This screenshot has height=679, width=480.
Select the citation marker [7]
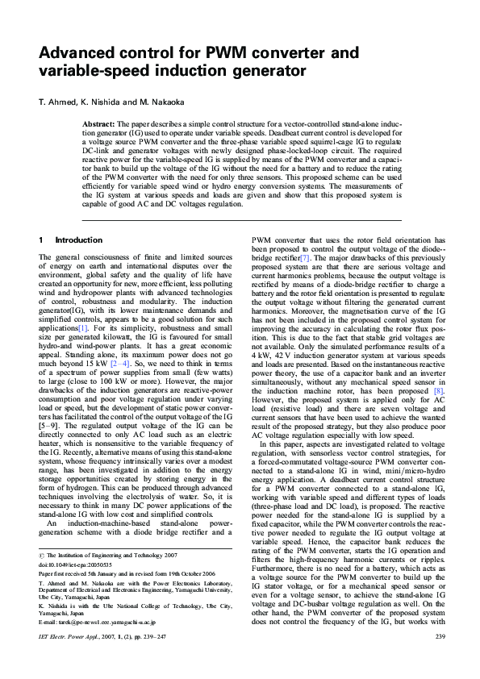pyautogui.click(x=305, y=279)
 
